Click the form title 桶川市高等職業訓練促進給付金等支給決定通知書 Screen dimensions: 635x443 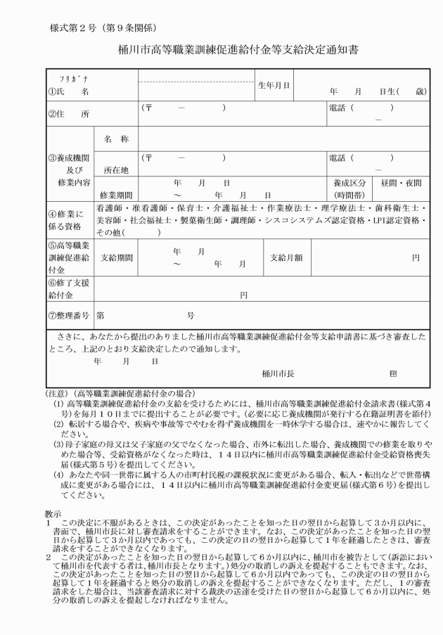coord(221,51)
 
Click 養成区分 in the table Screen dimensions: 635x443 coord(349,182)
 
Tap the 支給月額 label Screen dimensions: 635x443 coord(286,257)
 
